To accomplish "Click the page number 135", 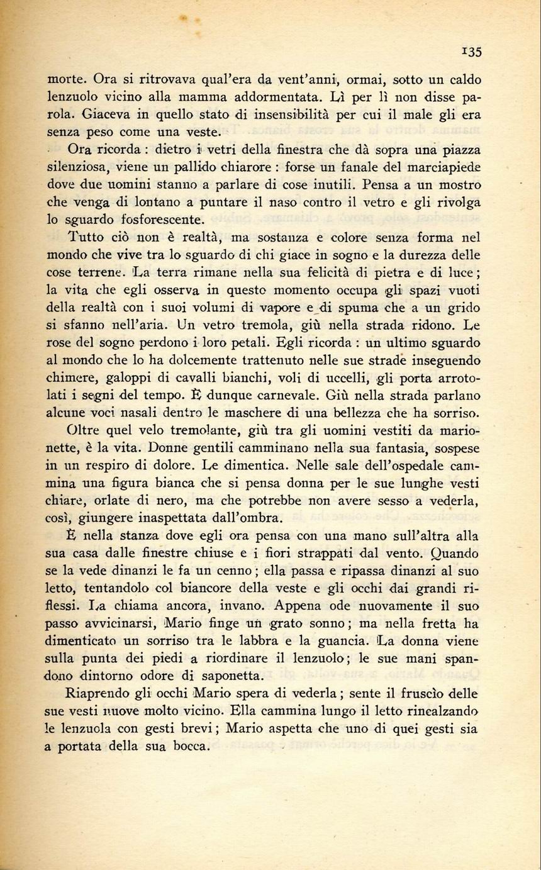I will [472, 53].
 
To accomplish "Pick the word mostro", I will [459, 186].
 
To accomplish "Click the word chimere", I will [70, 378].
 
